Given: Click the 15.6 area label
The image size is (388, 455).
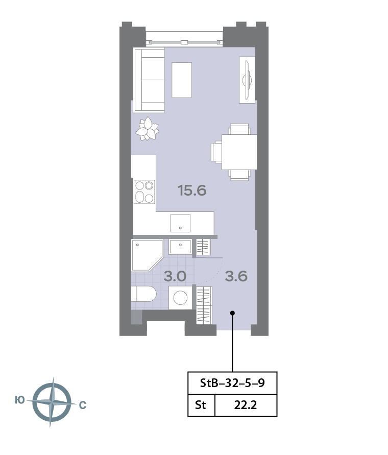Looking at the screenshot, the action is tap(192, 190).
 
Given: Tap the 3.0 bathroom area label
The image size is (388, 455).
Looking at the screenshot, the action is tap(175, 276).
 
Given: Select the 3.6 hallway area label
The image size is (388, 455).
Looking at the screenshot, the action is tap(236, 276).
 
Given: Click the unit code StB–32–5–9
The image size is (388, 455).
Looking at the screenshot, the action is tap(232, 383).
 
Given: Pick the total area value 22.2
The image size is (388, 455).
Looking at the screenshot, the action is tap(246, 405).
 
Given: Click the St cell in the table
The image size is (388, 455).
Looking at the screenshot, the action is tap(201, 405).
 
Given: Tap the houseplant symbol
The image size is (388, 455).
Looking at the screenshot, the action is tap(148, 129).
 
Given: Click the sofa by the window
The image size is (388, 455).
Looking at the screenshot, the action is tap(149, 80).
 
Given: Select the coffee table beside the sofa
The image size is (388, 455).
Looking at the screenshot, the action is tap(182, 80).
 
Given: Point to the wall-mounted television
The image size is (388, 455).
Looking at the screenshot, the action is tap(247, 80).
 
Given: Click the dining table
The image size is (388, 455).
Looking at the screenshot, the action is tap(239, 152).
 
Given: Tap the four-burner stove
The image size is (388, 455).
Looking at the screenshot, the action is tap(144, 192).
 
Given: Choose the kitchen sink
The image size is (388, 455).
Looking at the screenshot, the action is tap(180, 223).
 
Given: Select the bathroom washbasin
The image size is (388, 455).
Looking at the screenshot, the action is tap(180, 247).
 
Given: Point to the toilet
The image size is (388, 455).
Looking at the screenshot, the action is tap(143, 294).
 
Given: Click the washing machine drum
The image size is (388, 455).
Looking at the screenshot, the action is tap(180, 298).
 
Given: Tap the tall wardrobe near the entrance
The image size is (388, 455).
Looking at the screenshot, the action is tap(204, 305).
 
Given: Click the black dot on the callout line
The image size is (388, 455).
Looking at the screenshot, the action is tap(232, 313).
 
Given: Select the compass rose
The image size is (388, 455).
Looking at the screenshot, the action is tap(52, 402).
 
